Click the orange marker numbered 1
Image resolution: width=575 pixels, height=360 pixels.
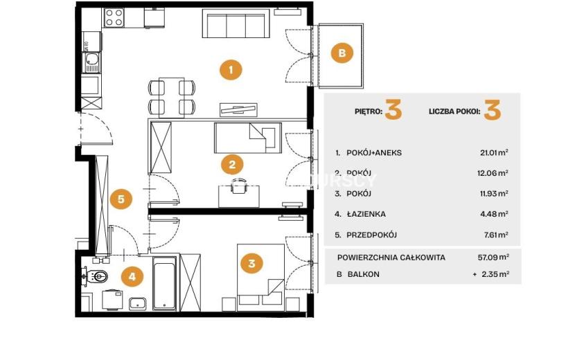[x=231, y=70]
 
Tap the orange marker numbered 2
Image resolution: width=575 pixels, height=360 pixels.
[x=232, y=164]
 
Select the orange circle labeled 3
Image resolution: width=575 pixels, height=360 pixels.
[x=251, y=263]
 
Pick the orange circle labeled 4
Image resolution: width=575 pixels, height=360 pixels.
[x=132, y=276]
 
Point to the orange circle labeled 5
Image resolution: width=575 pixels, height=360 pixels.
[x=121, y=199]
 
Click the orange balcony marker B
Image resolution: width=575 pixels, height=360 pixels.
[x=342, y=53]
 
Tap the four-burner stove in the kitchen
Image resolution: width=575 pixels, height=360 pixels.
[x=114, y=17]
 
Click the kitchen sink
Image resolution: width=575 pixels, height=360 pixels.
[x=91, y=62]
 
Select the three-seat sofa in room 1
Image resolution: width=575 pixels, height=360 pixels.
[x=236, y=24]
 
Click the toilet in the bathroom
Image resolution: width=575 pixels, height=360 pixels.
[x=96, y=276]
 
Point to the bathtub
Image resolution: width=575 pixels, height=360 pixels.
[x=164, y=283]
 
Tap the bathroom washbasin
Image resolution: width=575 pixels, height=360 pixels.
[x=138, y=304]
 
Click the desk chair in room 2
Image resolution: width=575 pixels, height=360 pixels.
[x=239, y=185]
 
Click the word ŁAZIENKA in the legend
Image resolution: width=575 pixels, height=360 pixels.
[x=366, y=214]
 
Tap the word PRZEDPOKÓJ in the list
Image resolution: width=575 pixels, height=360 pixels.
[x=372, y=235]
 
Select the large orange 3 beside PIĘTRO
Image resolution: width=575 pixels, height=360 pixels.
[x=393, y=109]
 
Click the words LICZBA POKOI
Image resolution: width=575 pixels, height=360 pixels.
[x=454, y=111]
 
